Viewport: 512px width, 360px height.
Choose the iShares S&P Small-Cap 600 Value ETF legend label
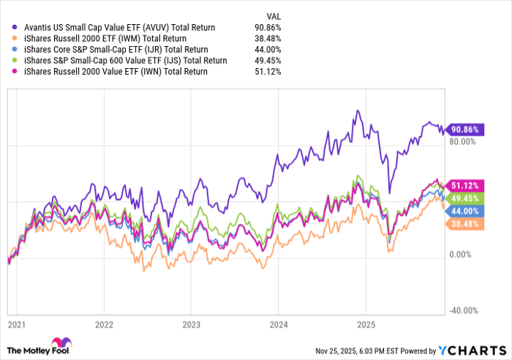(x=124, y=60)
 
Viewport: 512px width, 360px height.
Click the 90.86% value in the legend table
(x=268, y=27)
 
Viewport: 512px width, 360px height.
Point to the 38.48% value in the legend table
(x=268, y=38)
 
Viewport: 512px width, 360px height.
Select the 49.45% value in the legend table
(x=268, y=60)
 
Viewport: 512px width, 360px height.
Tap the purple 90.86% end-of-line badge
(x=464, y=129)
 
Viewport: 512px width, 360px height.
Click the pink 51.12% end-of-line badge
(x=464, y=185)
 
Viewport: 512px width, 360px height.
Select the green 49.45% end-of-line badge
(x=464, y=198)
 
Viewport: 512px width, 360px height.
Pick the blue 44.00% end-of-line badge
(x=464, y=210)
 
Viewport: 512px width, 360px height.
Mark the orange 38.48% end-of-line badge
(x=464, y=222)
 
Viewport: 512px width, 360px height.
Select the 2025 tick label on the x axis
(x=365, y=323)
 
